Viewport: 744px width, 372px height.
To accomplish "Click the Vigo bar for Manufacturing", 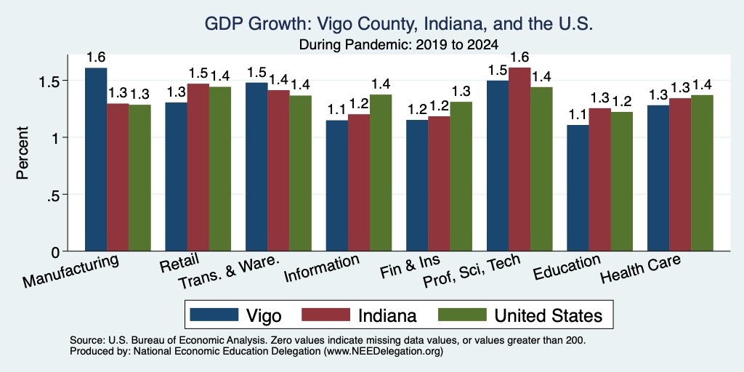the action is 96,159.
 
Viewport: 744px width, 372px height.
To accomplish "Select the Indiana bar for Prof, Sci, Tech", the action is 519,159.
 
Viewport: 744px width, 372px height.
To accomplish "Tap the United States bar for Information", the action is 381,173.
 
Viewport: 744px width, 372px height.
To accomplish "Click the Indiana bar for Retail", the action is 198,168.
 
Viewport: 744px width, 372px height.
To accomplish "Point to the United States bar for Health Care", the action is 703,173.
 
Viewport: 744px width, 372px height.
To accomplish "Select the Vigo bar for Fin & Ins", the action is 417,185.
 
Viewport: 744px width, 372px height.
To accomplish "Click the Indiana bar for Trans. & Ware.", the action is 278,171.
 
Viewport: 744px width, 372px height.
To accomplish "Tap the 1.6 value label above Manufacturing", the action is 96,57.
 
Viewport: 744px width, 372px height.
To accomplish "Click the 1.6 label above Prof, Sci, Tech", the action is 519,57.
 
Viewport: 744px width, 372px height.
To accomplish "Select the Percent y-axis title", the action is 23,153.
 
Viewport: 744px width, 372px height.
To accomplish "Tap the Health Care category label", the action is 641,269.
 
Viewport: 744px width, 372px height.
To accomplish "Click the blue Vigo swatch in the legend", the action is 214,315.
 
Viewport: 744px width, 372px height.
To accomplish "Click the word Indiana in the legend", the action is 387,315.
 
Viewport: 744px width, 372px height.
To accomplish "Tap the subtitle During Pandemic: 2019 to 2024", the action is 399,45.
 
